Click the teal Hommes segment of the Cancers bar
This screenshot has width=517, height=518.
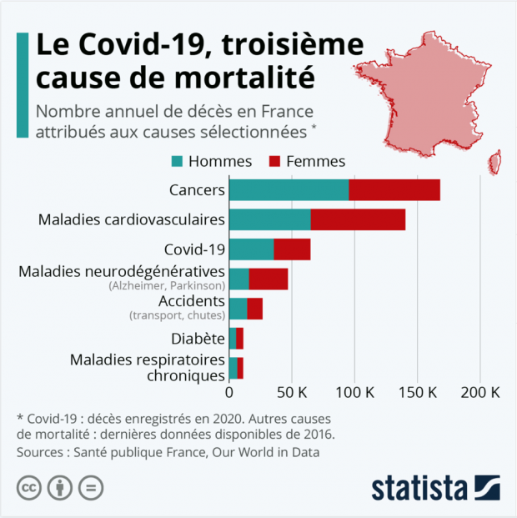(289, 189)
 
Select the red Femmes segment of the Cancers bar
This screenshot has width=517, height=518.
(394, 189)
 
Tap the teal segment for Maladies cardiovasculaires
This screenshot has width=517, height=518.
(269, 219)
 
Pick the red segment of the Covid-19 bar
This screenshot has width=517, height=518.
(292, 249)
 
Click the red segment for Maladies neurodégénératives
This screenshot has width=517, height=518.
(269, 279)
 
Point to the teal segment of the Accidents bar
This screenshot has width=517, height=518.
(238, 309)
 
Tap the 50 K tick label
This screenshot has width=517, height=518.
(292, 392)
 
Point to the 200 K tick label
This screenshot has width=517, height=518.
(480, 392)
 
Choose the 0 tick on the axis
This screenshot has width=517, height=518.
(229, 392)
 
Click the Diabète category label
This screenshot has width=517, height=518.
(198, 339)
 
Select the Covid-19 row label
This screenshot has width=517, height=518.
(194, 249)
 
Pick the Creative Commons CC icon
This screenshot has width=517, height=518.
(30, 488)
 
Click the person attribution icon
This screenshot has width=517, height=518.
(60, 488)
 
